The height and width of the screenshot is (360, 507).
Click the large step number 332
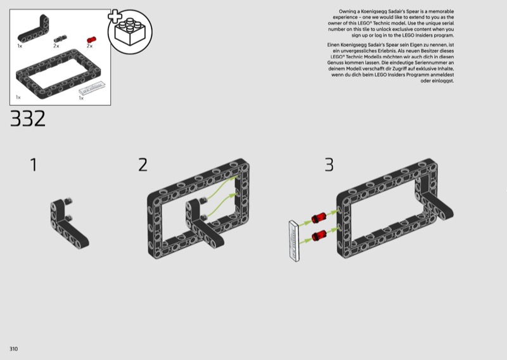coord(28,119)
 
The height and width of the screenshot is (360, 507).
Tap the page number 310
coord(13,349)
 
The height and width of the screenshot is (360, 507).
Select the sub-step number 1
coord(34,165)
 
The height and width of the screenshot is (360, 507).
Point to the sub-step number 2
coord(143,165)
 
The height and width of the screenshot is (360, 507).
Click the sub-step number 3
coord(329,165)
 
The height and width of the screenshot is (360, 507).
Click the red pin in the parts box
coord(91,40)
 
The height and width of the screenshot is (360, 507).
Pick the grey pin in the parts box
coord(60,39)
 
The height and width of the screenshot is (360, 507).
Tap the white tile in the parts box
coord(92,87)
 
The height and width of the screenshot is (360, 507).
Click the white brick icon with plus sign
coord(130,31)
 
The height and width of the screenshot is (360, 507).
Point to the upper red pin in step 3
coord(319,217)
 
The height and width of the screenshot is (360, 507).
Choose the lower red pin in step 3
coord(319,236)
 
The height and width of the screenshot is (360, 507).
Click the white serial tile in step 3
coord(295,241)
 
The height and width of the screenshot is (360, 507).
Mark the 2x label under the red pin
coord(89,46)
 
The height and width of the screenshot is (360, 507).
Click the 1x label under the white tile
coord(81,98)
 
